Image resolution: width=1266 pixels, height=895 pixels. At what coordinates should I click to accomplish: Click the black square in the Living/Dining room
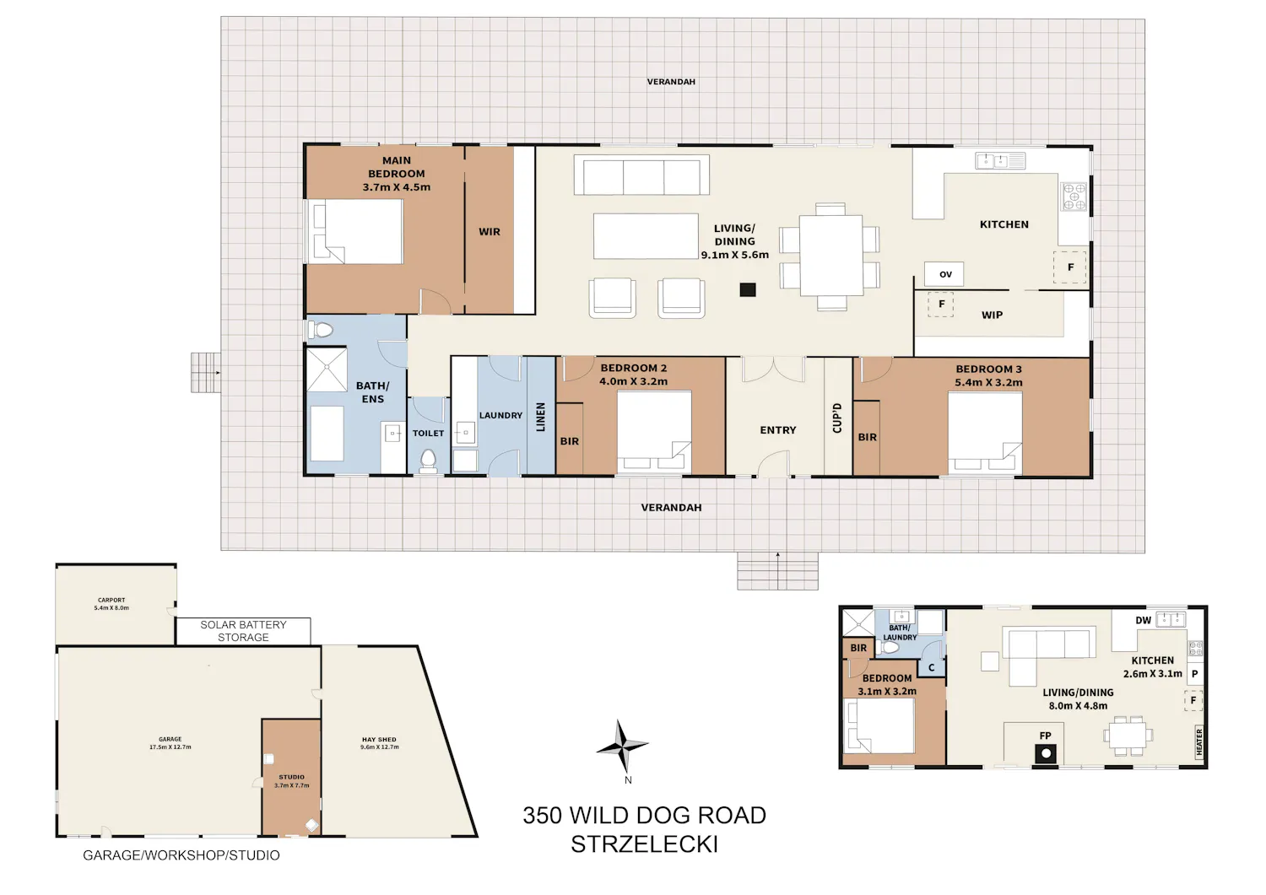(748, 289)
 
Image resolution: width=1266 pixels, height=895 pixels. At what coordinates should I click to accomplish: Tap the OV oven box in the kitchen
(944, 274)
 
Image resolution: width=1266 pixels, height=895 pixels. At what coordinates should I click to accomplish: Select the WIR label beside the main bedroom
(490, 232)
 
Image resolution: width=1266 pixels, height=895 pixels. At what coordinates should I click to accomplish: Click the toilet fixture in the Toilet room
(429, 461)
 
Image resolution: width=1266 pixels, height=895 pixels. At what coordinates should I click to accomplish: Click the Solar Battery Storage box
(243, 631)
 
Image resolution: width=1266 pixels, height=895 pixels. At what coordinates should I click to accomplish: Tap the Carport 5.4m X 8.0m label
(111, 604)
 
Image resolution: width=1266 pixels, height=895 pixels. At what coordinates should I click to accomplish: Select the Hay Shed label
(379, 739)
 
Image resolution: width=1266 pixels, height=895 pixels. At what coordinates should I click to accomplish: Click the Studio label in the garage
(292, 777)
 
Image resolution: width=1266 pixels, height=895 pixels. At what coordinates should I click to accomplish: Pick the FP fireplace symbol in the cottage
(1046, 753)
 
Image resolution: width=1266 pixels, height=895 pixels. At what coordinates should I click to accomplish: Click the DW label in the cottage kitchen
(1143, 620)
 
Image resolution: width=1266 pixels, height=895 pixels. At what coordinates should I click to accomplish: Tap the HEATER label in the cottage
(1199, 741)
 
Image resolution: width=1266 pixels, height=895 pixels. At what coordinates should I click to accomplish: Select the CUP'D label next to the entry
(837, 418)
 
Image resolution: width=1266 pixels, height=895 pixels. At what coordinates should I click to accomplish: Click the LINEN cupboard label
(541, 417)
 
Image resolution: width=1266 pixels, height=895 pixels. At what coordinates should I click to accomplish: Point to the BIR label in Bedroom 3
(867, 437)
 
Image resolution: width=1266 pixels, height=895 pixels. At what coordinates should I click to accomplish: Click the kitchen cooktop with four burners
(1074, 196)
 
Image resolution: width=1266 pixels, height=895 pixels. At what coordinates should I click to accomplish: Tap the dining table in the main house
(830, 255)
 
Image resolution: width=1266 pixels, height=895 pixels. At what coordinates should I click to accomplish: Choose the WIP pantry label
(992, 315)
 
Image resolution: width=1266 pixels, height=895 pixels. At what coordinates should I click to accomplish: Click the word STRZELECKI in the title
(644, 844)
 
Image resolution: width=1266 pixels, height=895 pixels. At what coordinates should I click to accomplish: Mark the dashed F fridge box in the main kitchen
(1070, 267)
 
